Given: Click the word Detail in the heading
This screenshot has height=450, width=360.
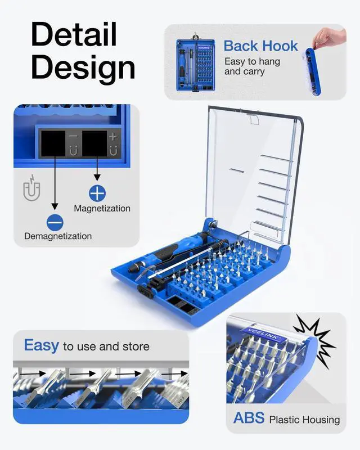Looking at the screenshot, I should click(x=74, y=35).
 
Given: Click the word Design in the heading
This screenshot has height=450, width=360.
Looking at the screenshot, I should click(x=83, y=67).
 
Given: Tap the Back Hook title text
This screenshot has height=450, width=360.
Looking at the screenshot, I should click(x=260, y=46).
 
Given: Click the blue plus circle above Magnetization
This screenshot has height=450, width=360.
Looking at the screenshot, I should click(x=97, y=193).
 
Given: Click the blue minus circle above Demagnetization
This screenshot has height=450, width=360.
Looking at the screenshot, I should click(x=55, y=223).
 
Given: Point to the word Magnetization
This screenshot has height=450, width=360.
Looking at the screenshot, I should click(x=102, y=208).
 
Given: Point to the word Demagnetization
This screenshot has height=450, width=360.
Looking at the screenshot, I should click(x=57, y=236).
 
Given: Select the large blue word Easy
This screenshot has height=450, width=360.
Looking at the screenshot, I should click(x=41, y=345).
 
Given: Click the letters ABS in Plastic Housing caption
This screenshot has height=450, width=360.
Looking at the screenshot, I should click(x=249, y=418).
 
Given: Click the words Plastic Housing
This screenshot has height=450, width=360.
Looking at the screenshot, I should click(x=304, y=420).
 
